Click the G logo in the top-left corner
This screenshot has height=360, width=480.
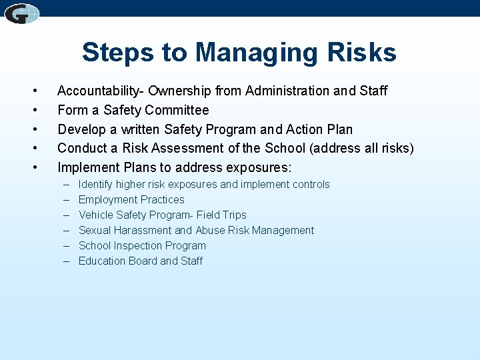point(22,13)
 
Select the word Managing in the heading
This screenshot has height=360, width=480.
point(255,53)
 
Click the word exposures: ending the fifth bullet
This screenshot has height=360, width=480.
point(258,167)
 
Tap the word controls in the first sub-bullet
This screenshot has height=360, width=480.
point(308,184)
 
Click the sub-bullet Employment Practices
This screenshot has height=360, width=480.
point(131,199)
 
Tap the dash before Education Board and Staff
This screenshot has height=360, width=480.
point(67,261)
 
